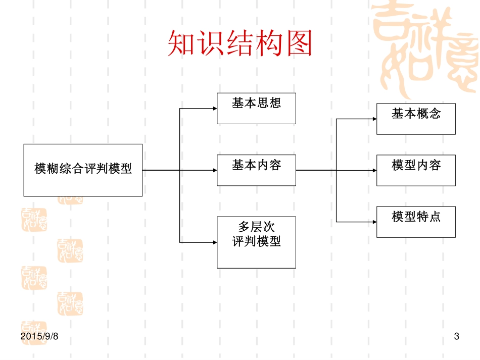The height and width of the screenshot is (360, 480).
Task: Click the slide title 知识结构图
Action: click(x=239, y=44)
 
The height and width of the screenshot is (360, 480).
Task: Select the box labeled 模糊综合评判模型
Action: click(x=83, y=170)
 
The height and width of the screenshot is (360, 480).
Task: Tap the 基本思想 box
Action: click(x=256, y=108)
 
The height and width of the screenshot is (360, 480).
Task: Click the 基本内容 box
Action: click(x=256, y=170)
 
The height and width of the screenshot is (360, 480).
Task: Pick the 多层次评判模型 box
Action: click(x=256, y=242)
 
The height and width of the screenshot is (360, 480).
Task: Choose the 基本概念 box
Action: click(x=416, y=119)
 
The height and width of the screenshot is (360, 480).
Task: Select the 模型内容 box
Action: click(x=416, y=170)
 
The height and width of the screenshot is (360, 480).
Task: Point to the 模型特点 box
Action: click(x=416, y=222)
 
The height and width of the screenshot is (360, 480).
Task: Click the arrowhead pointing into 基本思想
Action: click(x=214, y=108)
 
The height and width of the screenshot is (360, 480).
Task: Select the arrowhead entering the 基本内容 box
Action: click(x=214, y=170)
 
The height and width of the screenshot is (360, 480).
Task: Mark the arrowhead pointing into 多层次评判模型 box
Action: click(x=214, y=242)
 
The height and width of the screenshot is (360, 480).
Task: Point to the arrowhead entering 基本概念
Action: click(x=374, y=119)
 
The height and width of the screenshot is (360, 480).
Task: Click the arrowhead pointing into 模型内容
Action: click(x=374, y=170)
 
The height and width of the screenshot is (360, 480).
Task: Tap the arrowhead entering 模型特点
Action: click(x=374, y=222)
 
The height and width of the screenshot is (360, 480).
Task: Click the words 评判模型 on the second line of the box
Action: click(x=256, y=242)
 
